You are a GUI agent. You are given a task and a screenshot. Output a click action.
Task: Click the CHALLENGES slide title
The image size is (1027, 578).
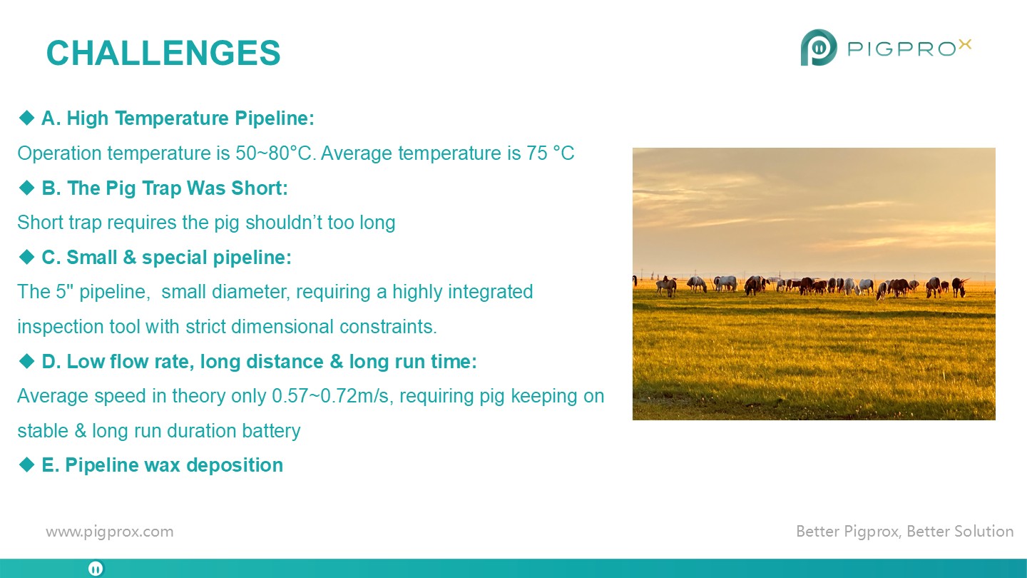pos(163,53)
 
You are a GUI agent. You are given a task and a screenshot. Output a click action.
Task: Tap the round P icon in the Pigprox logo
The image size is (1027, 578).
pos(819,47)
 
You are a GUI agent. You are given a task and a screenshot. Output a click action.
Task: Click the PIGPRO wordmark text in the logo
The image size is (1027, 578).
pos(901,49)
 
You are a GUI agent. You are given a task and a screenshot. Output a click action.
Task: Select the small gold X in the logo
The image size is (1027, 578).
pos(965,44)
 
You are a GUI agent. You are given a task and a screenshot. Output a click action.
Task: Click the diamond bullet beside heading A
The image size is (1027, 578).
pos(26,118)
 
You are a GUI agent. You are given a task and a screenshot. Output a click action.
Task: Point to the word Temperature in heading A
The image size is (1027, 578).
pos(171,118)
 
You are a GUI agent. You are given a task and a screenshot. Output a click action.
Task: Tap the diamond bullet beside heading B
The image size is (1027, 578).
pos(26,188)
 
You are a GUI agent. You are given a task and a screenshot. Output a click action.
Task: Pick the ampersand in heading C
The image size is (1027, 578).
pos(130,258)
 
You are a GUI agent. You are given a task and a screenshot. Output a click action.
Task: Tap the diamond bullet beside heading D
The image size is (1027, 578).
pos(26,361)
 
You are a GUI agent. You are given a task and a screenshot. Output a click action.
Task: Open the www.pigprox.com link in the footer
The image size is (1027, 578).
pos(110,532)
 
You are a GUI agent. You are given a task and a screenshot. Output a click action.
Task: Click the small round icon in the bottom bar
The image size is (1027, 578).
pos(96,569)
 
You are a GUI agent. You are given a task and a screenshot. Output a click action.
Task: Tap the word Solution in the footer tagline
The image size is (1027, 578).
pos(983,531)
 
